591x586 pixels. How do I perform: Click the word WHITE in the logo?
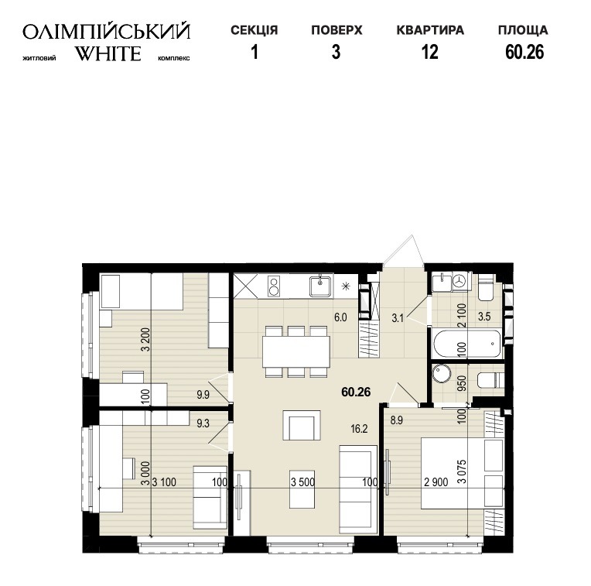pos(108,53)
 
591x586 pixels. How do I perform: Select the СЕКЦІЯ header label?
pos(254,30)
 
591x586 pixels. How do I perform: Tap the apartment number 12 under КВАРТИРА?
pos(429,52)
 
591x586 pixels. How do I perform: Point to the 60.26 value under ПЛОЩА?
pos(524,52)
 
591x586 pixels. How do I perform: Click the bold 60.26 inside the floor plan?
pos(356,392)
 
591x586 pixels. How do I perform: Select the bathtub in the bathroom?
pos(467,344)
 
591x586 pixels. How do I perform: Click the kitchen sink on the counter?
pos(321,286)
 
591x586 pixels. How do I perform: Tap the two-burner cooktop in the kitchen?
pos(274,286)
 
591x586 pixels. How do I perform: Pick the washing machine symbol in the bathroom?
pos(459,280)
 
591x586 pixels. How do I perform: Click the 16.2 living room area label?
pos(359,429)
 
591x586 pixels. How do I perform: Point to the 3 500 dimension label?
pos(302,482)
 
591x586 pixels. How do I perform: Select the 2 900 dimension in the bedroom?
pos(436,482)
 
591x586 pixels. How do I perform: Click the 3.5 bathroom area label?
pos(484,317)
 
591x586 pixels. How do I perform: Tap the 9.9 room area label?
pos(203,395)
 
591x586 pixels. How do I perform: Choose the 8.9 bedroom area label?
pos(397,420)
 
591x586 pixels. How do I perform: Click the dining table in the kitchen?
pos(296,351)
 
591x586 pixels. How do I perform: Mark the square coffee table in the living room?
pos(302,425)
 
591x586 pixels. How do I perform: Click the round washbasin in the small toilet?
pos(442,375)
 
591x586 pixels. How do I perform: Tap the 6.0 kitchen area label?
pos(340,317)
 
